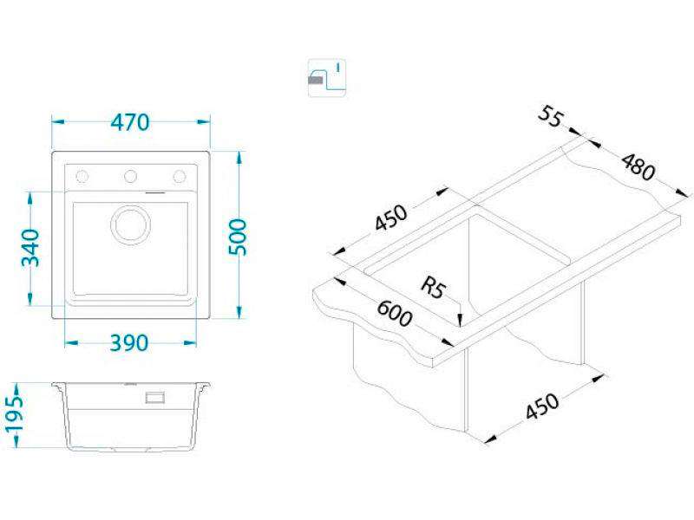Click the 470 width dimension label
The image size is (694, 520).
130,122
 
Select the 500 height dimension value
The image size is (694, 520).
238,237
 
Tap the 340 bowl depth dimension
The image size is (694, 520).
30,248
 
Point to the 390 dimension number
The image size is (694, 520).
128,343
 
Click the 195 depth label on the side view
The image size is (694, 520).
14,414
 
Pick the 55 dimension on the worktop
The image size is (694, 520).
551,117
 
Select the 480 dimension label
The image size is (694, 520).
638,166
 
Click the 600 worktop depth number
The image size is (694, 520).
395,313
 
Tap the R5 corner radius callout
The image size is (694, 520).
433,287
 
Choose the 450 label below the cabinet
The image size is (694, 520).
542,406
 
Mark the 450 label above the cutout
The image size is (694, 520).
390,218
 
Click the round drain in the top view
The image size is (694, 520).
130,224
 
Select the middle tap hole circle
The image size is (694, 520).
131,177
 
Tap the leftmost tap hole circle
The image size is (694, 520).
82,177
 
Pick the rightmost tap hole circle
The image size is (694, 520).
180,177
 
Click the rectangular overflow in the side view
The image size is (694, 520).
155,397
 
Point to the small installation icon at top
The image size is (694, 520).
327,78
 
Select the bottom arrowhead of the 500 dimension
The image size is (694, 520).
239,312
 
